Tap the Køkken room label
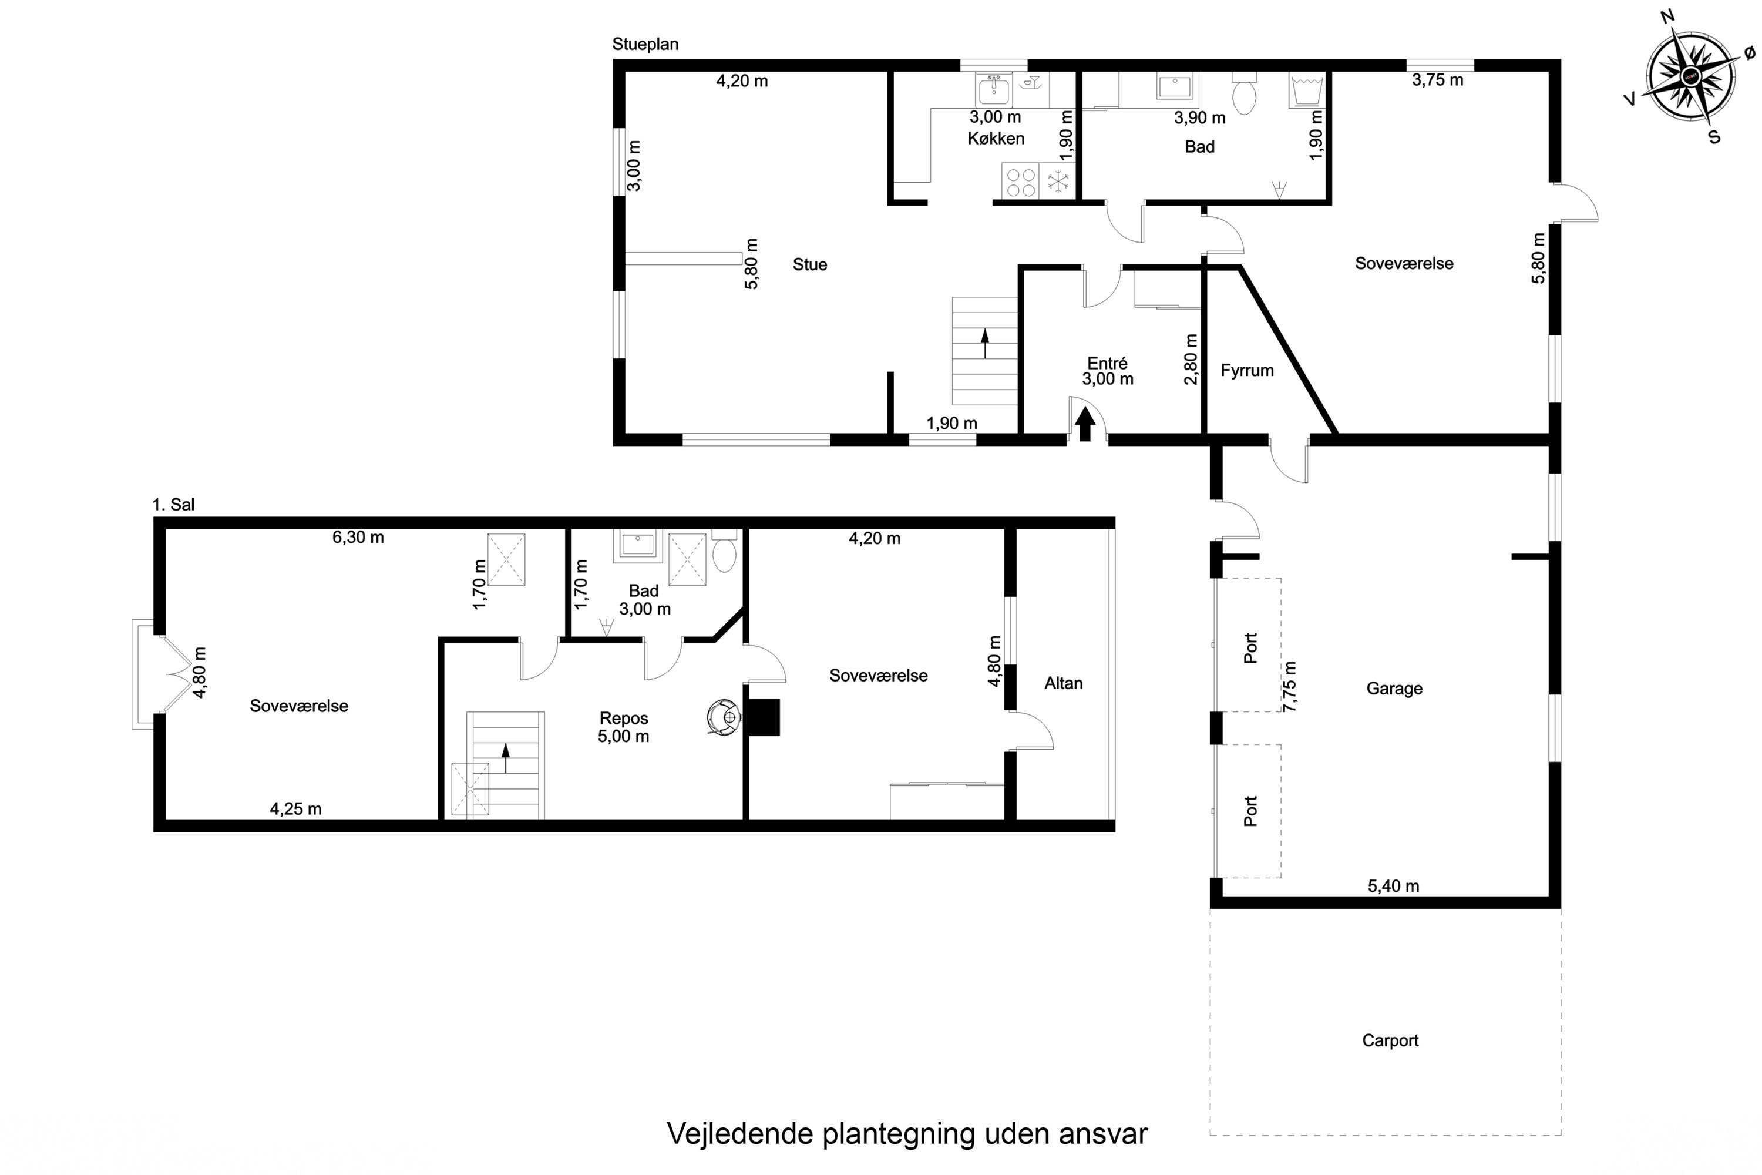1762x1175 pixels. point(996,139)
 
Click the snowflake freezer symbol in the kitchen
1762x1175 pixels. point(1058,180)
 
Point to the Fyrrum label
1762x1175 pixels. point(1246,370)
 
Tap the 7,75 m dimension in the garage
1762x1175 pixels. point(1290,686)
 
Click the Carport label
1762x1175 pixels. point(1390,1040)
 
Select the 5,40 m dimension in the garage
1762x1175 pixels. point(1393,886)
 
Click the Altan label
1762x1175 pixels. point(1063,683)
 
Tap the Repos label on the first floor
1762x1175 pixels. point(623,718)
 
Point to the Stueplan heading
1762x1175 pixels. point(645,44)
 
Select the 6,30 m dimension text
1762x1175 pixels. point(358,538)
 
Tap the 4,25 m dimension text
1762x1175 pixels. point(295,808)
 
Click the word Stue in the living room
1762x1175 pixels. point(810,264)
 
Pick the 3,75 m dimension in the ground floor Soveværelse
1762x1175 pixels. point(1437,80)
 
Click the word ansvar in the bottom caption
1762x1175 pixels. point(1103,1134)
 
